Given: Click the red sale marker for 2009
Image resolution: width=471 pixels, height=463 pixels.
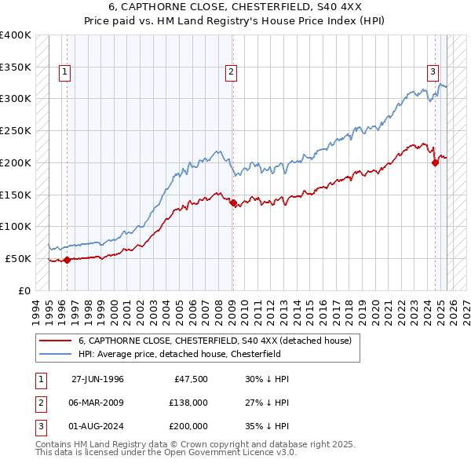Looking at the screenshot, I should coord(233,202).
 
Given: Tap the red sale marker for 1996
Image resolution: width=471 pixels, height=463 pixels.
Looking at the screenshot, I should coord(67,260).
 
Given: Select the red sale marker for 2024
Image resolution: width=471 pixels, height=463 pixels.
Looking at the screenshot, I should coord(435,162).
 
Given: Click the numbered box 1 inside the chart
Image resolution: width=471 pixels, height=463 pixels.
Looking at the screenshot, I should coord(64,73).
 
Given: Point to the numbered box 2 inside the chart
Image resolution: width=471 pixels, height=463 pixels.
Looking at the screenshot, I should coord(231,73).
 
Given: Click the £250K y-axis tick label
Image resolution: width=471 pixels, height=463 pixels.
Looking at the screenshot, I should coord(16,130).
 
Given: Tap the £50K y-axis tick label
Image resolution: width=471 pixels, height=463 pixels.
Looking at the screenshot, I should coord(19,258).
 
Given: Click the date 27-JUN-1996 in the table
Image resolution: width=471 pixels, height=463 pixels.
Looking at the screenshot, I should coord(97,379).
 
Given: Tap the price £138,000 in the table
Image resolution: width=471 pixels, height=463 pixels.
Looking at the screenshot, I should coord(188,403).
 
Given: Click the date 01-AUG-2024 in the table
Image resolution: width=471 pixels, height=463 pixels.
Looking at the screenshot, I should coord(97,426).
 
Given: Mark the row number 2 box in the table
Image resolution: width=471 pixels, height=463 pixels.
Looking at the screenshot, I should coord(39,403).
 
